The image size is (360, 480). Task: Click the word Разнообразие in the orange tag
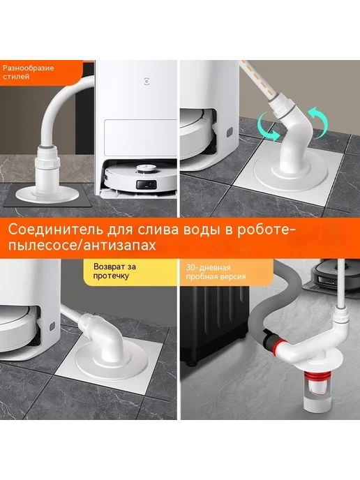(28, 68)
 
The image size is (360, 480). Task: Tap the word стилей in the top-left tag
(16, 76)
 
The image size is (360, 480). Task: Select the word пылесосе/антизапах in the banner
(82, 246)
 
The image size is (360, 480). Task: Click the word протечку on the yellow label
(111, 276)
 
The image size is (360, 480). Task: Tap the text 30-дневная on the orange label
(208, 268)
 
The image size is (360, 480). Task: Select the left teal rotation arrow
(267, 126)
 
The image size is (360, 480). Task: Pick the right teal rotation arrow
(317, 123)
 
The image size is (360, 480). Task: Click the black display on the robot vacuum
(147, 185)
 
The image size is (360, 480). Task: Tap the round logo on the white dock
(147, 82)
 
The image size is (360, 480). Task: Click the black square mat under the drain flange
(46, 195)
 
